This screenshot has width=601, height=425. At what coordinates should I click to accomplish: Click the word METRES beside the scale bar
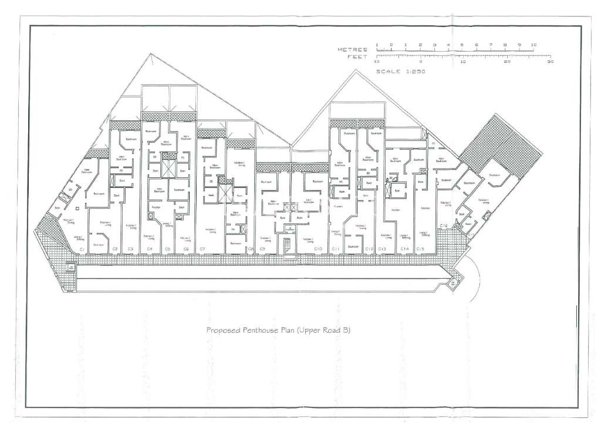[352, 50]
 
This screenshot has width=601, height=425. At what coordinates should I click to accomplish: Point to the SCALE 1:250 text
[400, 71]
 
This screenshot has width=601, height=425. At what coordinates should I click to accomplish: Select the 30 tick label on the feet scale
[549, 62]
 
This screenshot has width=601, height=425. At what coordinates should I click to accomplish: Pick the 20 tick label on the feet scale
[507, 62]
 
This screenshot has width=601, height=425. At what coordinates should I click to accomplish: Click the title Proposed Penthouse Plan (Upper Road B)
[278, 330]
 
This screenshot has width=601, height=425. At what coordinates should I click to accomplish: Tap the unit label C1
[83, 249]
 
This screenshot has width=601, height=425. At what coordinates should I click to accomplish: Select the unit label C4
[150, 249]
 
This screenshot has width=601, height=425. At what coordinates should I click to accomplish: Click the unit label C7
[202, 249]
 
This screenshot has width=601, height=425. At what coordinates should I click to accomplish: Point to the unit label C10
[318, 249]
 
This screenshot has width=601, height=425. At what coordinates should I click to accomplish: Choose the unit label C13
[382, 249]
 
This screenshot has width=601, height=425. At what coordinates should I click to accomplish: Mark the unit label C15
[420, 249]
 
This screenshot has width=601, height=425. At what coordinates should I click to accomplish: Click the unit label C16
[444, 226]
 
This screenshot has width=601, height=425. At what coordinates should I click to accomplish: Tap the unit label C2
[115, 249]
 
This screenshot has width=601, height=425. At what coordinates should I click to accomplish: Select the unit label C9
[262, 249]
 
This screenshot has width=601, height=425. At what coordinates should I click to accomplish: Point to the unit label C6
[186, 249]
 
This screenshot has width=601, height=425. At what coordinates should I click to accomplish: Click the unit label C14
[404, 249]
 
